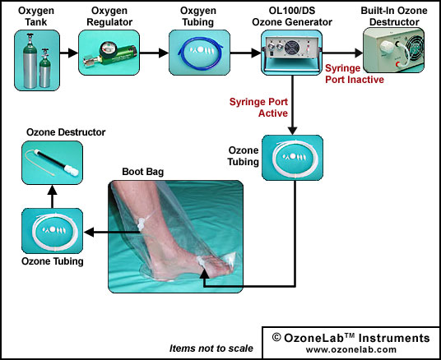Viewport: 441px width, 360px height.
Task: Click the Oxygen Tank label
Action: point(36,16)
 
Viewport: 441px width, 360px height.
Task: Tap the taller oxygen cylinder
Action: point(30,61)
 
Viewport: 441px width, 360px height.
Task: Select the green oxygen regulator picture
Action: point(109,53)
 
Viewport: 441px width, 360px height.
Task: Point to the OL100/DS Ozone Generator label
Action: point(292,16)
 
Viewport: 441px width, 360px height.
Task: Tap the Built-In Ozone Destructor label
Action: point(394,16)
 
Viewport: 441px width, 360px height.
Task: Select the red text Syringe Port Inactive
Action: point(355,74)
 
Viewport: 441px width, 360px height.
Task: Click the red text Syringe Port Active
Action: point(258,108)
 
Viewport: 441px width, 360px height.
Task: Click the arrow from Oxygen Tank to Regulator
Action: point(69,53)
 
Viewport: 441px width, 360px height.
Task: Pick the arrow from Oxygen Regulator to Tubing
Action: point(154,53)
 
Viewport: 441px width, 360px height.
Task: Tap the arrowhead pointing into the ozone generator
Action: point(256,53)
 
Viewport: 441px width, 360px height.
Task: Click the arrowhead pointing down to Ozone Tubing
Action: point(293,131)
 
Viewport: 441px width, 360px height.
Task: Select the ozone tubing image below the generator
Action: point(293,158)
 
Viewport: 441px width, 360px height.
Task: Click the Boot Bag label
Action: point(142,172)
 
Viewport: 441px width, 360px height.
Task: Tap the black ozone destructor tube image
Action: point(53,163)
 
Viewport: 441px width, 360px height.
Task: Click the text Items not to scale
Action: point(211,348)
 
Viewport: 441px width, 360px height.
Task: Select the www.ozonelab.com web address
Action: point(351,350)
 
